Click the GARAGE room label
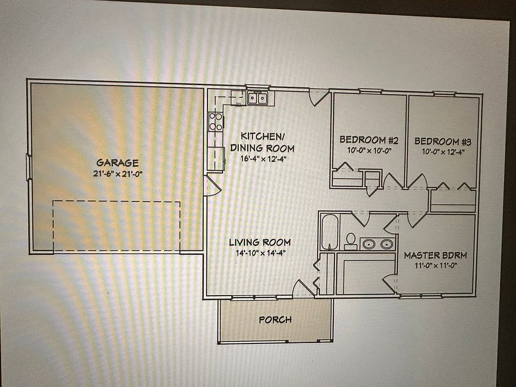pyautogui.click(x=117, y=162)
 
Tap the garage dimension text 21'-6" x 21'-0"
pyautogui.click(x=117, y=173)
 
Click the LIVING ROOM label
pyautogui.click(x=259, y=242)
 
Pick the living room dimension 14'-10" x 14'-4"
pyautogui.click(x=259, y=253)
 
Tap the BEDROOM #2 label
pyautogui.click(x=369, y=141)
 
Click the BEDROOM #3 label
pyautogui.click(x=443, y=142)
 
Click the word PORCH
pyautogui.click(x=275, y=320)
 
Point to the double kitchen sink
pyautogui.click(x=258, y=98)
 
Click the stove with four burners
pyautogui.click(x=216, y=121)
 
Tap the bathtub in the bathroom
pyautogui.click(x=329, y=232)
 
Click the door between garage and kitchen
pyautogui.click(x=212, y=185)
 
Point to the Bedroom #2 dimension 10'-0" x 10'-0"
pyautogui.click(x=369, y=151)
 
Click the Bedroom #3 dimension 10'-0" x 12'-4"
pyautogui.click(x=443, y=152)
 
